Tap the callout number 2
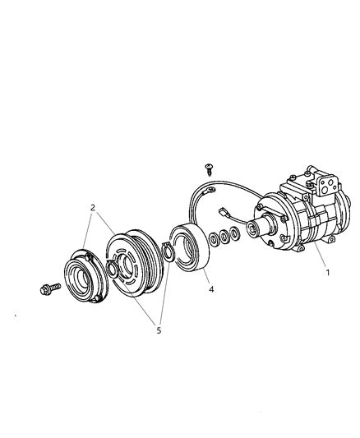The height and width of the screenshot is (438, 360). tap(93, 208)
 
